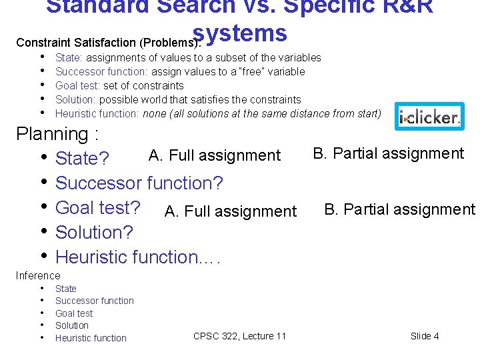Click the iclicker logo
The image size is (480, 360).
[x=429, y=117]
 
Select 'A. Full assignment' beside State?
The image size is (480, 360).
[x=214, y=155]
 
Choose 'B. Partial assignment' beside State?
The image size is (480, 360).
[x=388, y=153]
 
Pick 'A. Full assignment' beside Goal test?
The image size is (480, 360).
[x=230, y=211]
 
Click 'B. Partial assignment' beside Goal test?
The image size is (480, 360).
[x=399, y=209]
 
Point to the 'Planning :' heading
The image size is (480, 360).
[x=57, y=134]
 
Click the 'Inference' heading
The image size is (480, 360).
[x=38, y=275]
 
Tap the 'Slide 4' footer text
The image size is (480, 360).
[x=425, y=336]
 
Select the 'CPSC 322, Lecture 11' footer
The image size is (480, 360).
[x=239, y=336]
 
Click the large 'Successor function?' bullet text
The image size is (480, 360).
[x=139, y=183]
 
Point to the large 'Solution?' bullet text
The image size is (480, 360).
[x=94, y=233]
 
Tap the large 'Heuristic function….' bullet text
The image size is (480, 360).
[x=137, y=257]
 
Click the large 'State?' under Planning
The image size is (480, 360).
[x=82, y=159]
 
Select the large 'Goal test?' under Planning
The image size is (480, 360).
[x=97, y=207]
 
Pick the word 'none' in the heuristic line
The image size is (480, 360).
[x=154, y=113]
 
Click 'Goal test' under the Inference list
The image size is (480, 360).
[x=74, y=313]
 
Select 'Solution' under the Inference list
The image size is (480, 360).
[x=71, y=325]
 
